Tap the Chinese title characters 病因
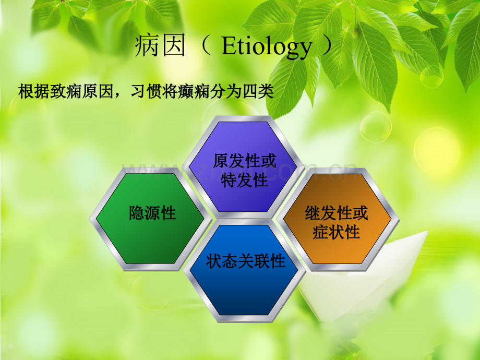pos(160,46)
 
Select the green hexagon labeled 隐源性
pos(150,219)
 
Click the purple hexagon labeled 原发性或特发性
pos(243,167)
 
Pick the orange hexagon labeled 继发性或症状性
pos(338,219)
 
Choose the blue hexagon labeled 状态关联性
pos(244,271)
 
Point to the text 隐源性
pos(152,213)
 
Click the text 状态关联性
pos(246,261)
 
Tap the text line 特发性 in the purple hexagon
pos(244,180)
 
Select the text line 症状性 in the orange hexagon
pos(336,232)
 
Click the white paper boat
pos(364,275)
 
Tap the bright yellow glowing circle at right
pos(437,151)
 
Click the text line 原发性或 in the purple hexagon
pos(244,161)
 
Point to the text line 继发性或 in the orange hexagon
pos(336,213)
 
